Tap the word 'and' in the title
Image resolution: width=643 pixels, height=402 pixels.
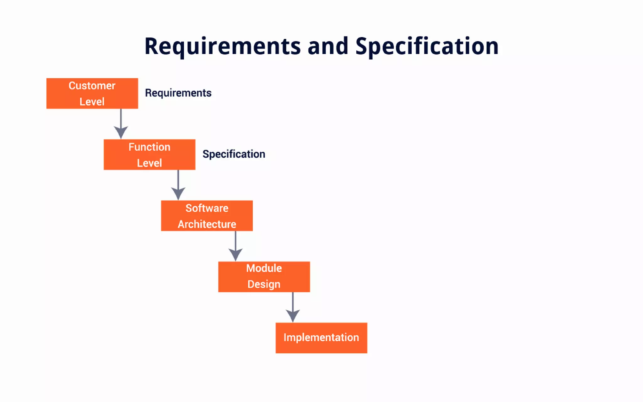click(328, 46)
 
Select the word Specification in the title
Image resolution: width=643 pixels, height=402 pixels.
click(427, 46)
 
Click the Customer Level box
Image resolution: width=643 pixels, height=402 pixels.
click(92, 94)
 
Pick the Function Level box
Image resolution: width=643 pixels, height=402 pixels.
click(149, 155)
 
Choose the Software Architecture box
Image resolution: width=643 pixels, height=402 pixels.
click(207, 216)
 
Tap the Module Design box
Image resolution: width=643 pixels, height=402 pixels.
click(264, 277)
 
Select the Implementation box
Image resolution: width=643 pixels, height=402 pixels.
click(321, 338)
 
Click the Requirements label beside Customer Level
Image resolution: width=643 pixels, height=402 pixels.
click(178, 93)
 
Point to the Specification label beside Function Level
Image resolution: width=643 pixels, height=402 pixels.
click(234, 154)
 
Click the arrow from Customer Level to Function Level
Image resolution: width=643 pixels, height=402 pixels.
click(121, 124)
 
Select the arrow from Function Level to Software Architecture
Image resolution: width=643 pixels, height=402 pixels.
click(178, 185)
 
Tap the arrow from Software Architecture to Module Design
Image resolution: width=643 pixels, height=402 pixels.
click(235, 246)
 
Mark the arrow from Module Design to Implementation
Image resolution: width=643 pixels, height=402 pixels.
click(293, 307)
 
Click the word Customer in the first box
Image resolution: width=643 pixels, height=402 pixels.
click(92, 86)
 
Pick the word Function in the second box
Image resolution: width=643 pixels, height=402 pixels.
click(149, 147)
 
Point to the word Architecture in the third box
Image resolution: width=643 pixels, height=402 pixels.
click(207, 224)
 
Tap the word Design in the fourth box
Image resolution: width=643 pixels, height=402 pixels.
click(264, 284)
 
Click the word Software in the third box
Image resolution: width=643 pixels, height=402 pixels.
click(207, 208)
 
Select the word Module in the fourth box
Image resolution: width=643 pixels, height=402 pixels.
click(264, 268)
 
